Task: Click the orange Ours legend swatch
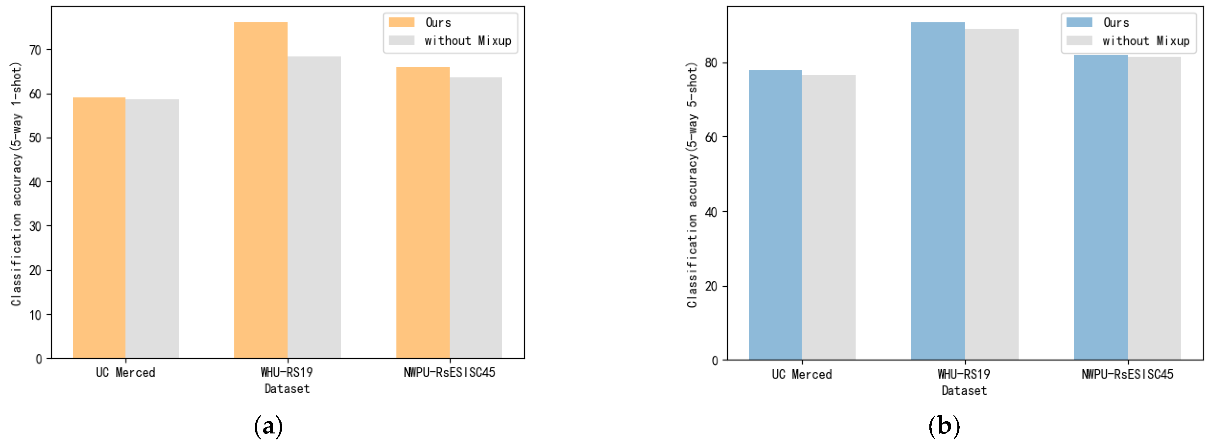[401, 22]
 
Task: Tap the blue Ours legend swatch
[1079, 22]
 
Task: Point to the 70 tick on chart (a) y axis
[35, 50]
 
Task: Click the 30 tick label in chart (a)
[35, 226]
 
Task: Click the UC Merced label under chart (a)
[125, 372]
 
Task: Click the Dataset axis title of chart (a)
[287, 389]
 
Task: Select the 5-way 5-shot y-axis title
[692, 185]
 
